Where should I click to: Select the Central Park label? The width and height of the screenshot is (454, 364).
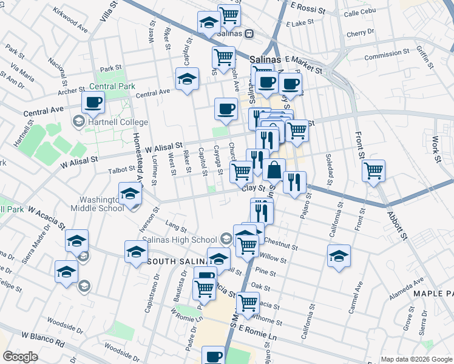[112, 86]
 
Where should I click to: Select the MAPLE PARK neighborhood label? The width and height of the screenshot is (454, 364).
[433, 294]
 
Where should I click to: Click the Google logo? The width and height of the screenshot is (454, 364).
[20, 357]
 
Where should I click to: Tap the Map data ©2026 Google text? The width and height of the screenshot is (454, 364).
[416, 359]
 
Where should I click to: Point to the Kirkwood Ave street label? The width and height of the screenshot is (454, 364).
[70, 20]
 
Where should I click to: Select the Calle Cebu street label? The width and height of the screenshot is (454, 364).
[360, 13]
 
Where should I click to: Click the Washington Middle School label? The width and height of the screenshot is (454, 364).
[101, 203]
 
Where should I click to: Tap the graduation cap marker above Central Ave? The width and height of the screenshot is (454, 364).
[187, 79]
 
